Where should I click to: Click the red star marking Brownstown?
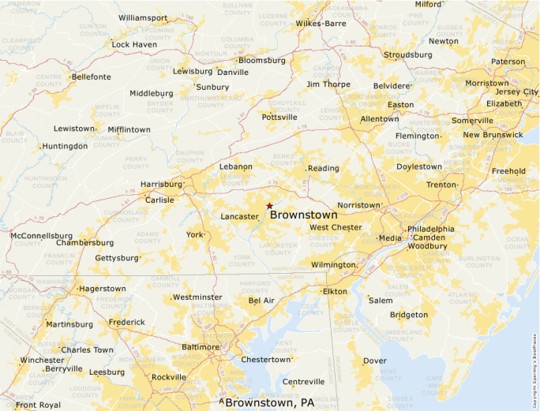tap(269, 205)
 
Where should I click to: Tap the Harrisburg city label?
tap(161, 185)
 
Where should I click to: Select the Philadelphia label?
tap(430, 229)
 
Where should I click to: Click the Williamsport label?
tap(143, 17)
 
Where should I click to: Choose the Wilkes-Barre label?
tap(321, 24)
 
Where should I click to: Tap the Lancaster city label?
tap(239, 216)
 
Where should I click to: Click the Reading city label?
tap(323, 168)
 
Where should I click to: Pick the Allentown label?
tap(379, 119)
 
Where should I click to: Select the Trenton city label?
tap(441, 185)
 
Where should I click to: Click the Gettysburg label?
tap(116, 258)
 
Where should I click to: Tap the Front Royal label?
tap(38, 405)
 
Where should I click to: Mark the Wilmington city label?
tap(333, 265)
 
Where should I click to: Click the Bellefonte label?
tap(91, 77)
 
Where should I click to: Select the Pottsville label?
tap(279, 117)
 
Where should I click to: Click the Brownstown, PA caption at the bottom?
tap(269, 403)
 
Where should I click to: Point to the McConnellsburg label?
tap(41, 236)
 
